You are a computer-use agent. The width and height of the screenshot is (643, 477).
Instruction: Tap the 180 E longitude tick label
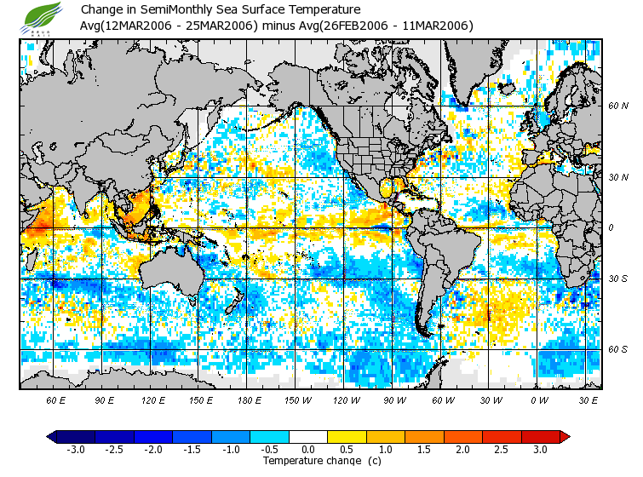point(249,399)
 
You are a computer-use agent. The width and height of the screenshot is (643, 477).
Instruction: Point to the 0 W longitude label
point(540,399)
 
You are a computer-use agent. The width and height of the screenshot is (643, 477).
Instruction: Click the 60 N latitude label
point(618,106)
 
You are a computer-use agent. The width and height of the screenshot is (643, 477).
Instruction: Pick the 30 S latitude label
point(618,279)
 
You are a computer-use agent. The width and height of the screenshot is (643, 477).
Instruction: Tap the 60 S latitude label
point(618,349)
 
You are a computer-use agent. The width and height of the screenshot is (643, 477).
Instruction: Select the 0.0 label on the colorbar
point(308,449)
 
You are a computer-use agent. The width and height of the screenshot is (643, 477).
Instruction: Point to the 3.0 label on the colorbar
point(542,449)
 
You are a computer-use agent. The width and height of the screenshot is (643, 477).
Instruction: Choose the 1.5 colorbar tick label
point(425,449)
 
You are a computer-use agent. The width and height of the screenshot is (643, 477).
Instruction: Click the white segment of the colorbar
point(308,436)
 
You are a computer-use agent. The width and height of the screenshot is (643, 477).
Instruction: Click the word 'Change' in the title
point(101,9)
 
